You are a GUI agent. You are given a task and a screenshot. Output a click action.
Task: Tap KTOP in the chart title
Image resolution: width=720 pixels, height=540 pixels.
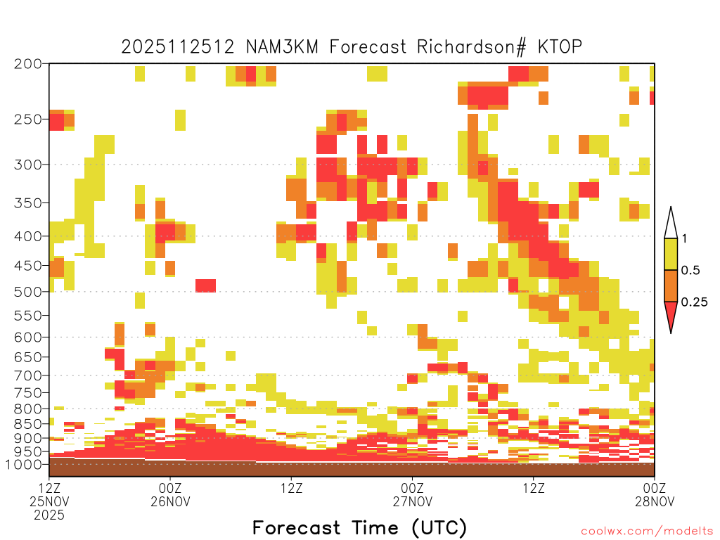tap(560, 46)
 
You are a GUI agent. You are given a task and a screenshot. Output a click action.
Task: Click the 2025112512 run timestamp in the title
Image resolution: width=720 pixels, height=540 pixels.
tap(178, 46)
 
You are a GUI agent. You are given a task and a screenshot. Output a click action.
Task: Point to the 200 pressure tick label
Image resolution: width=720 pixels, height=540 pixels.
tap(28, 64)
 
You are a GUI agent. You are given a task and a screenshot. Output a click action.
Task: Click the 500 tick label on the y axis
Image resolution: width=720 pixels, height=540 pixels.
tap(28, 292)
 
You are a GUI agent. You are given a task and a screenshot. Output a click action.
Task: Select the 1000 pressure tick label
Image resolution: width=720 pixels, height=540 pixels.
tap(23, 464)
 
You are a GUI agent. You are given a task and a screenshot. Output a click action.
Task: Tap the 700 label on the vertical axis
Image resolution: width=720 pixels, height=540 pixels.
tap(28, 375)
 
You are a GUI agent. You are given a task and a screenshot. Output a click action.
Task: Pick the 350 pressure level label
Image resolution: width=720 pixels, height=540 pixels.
tap(28, 203)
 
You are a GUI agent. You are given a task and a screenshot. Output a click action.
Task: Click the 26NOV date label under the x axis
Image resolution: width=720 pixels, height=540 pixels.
tap(170, 501)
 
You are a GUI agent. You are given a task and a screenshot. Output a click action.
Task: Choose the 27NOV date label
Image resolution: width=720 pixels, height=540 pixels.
tap(412, 501)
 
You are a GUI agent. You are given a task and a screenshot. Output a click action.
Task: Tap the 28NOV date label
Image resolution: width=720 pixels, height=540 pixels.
tap(655, 501)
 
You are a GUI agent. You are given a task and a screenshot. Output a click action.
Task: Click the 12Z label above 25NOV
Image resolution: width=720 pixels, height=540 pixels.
tap(49, 488)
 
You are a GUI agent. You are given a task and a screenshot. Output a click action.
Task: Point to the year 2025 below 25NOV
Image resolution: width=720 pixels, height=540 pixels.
tap(49, 515)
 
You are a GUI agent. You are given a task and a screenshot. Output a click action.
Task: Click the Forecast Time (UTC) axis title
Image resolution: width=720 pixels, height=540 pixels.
tap(359, 528)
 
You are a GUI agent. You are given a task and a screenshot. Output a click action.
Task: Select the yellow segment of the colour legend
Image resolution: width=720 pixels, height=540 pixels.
tap(671, 254)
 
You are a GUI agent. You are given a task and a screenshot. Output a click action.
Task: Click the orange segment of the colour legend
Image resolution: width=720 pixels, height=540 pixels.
tap(671, 285)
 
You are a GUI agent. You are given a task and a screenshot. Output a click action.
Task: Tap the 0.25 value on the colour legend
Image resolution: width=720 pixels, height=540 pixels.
tap(694, 302)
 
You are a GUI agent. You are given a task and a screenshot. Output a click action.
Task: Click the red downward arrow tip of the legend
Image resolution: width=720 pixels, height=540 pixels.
tap(671, 333)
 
